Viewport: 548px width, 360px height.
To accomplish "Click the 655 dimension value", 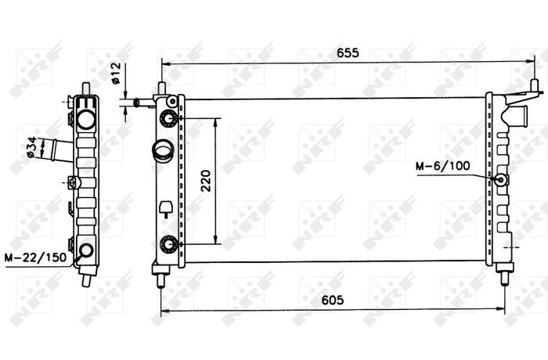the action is [x=348, y=52].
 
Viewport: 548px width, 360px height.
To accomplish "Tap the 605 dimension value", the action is [x=333, y=300].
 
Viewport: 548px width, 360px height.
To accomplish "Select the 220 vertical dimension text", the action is [x=206, y=181].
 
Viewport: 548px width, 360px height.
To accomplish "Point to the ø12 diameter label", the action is [x=116, y=74].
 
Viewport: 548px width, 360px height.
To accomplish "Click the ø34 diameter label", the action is [x=31, y=147].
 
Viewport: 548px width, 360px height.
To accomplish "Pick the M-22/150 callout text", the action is [x=35, y=257].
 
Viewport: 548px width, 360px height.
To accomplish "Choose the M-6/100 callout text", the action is [x=443, y=166].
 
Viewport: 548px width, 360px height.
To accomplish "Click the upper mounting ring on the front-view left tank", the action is [x=169, y=118].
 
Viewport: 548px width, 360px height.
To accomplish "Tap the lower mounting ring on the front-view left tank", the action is [x=169, y=244].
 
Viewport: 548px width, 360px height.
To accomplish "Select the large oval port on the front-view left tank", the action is [x=163, y=151].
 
